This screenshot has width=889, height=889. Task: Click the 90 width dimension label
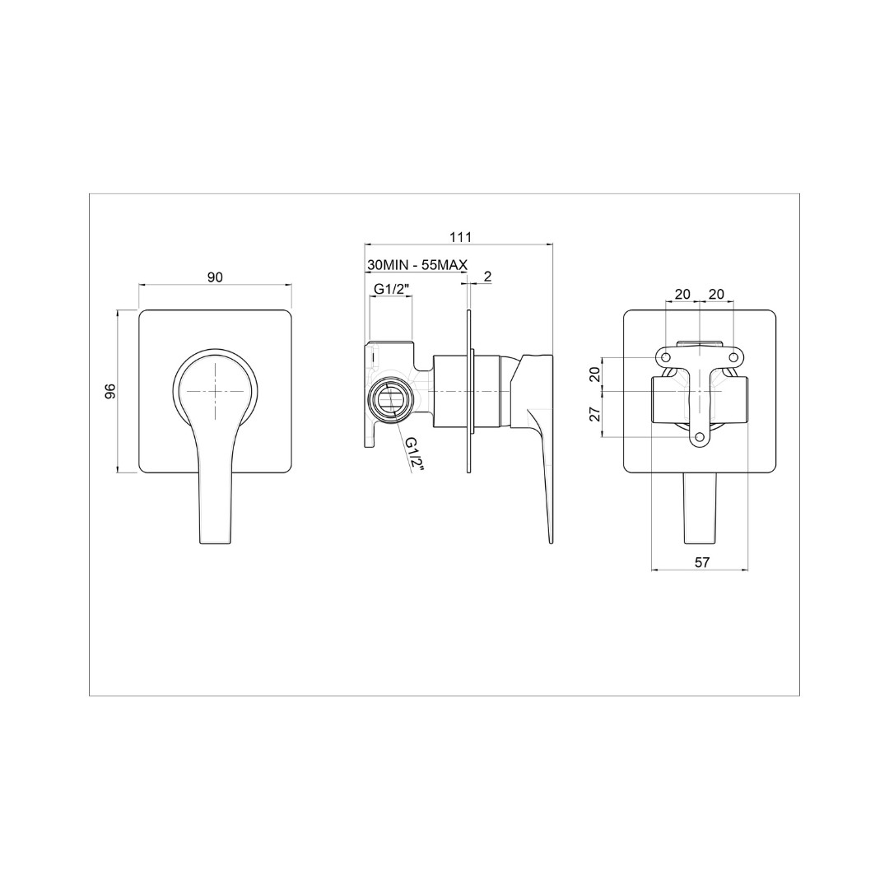click(216, 277)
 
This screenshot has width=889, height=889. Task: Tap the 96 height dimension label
click(110, 391)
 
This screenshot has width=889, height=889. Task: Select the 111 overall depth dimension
click(460, 236)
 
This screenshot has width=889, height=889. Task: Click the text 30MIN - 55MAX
click(417, 264)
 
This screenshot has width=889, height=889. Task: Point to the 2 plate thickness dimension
click(487, 276)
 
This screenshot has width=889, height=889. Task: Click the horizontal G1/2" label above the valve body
click(391, 289)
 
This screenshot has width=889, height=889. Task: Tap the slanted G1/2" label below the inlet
click(414, 454)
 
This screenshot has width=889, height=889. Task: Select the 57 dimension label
click(702, 562)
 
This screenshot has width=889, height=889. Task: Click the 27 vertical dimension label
click(595, 414)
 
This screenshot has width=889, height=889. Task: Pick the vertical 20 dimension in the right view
click(595, 375)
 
